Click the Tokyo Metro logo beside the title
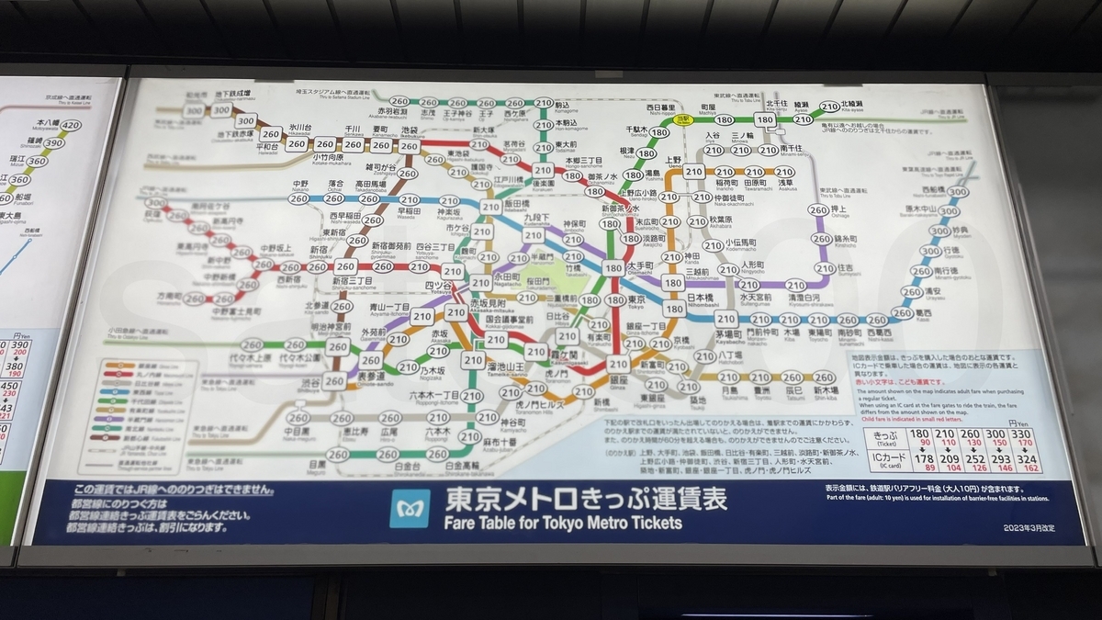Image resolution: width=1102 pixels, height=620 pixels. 410,508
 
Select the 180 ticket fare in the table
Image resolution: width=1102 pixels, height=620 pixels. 918,434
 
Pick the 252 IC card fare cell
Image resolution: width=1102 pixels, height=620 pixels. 970,458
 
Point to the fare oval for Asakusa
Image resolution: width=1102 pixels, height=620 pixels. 784,172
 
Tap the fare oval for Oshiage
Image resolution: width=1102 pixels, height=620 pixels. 819,210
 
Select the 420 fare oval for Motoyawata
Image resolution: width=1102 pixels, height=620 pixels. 71,125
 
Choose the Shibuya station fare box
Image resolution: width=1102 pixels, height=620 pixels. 334,380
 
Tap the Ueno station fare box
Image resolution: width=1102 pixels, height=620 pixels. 694,172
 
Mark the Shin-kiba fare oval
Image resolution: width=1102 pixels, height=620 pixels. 824,378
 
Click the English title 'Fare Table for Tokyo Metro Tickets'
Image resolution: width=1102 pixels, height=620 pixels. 563,523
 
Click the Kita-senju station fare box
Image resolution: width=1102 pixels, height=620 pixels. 764,118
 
